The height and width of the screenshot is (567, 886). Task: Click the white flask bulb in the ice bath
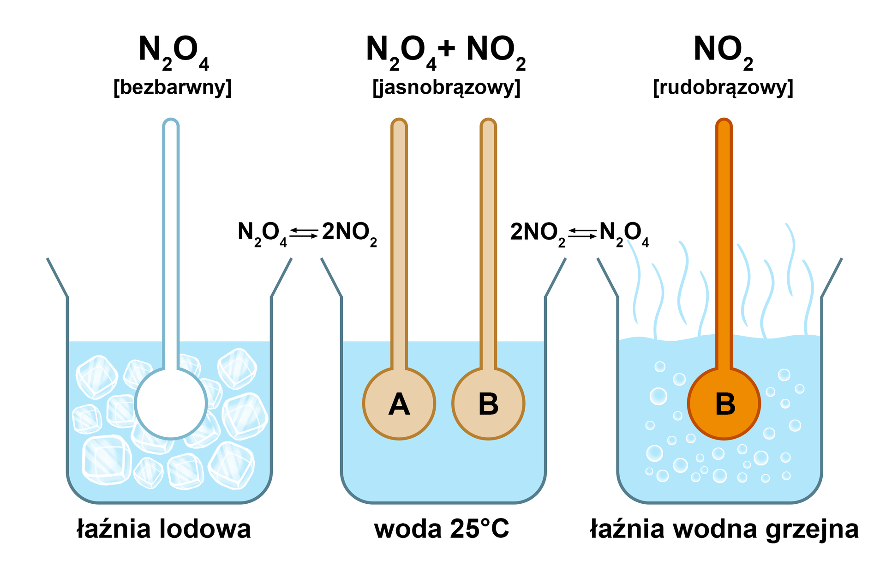pyautogui.click(x=171, y=403)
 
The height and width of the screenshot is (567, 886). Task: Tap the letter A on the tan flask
pyautogui.click(x=399, y=404)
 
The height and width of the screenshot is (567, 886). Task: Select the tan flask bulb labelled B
pyautogui.click(x=488, y=403)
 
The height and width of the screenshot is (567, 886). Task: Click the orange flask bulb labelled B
pyautogui.click(x=724, y=403)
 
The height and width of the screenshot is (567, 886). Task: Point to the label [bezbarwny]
pyautogui.click(x=172, y=87)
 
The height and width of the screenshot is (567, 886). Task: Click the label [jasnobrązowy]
pyautogui.click(x=446, y=87)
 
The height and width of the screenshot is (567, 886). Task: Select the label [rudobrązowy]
pyautogui.click(x=723, y=87)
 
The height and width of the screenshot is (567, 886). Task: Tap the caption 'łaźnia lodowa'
pyautogui.click(x=164, y=529)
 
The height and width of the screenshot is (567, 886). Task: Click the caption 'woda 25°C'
pyautogui.click(x=442, y=529)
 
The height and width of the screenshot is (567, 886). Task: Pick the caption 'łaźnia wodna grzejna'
pyautogui.click(x=724, y=529)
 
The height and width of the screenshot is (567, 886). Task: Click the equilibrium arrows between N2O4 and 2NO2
pyautogui.click(x=304, y=233)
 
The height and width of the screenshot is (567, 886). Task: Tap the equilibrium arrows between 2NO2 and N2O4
pyautogui.click(x=582, y=233)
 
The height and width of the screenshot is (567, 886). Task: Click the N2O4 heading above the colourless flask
pyautogui.click(x=174, y=51)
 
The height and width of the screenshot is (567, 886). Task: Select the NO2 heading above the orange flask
pyautogui.click(x=723, y=51)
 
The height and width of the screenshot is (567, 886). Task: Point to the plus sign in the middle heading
pyautogui.click(x=447, y=49)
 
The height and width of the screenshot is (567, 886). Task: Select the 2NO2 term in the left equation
pyautogui.click(x=349, y=233)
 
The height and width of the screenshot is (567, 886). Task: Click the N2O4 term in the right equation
pyautogui.click(x=623, y=233)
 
